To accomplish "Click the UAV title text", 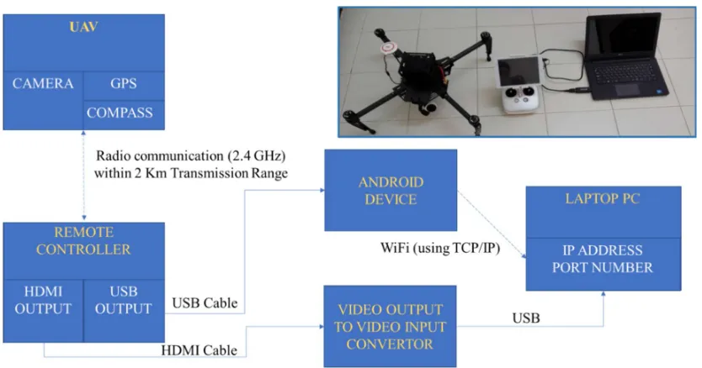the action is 83,27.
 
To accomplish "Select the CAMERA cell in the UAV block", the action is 43,100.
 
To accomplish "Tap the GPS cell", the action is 124,86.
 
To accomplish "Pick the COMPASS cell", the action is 124,115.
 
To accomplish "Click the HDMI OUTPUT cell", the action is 43,311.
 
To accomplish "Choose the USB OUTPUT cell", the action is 124,311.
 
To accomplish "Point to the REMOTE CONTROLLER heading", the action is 83,240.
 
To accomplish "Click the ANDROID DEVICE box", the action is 391,190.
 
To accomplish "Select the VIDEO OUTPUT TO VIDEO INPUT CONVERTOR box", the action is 390,327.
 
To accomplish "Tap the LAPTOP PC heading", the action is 603,198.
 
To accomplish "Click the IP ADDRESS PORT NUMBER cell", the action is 603,264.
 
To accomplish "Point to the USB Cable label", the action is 205,303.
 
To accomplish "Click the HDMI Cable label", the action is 199,350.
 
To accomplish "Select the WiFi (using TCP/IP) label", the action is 440,248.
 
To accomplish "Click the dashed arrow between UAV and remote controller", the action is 83,176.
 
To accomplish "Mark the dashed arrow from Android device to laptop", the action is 492,225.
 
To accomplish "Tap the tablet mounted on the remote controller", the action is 519,71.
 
